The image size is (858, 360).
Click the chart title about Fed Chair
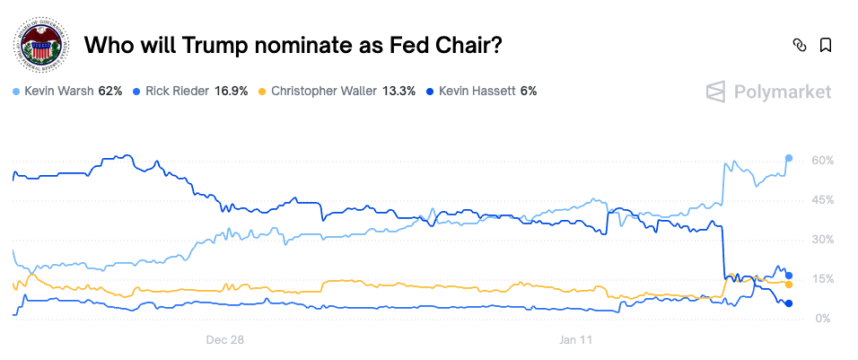click(293, 46)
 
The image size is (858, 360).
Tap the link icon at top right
click(799, 46)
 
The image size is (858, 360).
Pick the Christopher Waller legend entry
click(337, 92)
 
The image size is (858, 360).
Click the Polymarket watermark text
click(768, 92)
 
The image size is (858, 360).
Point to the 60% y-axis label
click(823, 160)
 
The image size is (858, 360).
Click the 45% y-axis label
click(823, 199)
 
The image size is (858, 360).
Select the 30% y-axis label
click(823, 240)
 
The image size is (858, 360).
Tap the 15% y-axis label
click(823, 279)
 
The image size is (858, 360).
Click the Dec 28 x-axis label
click(225, 340)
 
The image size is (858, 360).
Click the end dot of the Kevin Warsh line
click(789, 158)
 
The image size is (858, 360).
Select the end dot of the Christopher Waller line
click(789, 285)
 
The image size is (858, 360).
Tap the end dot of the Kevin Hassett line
click(789, 303)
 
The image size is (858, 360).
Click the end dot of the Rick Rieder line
click(789, 275)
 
